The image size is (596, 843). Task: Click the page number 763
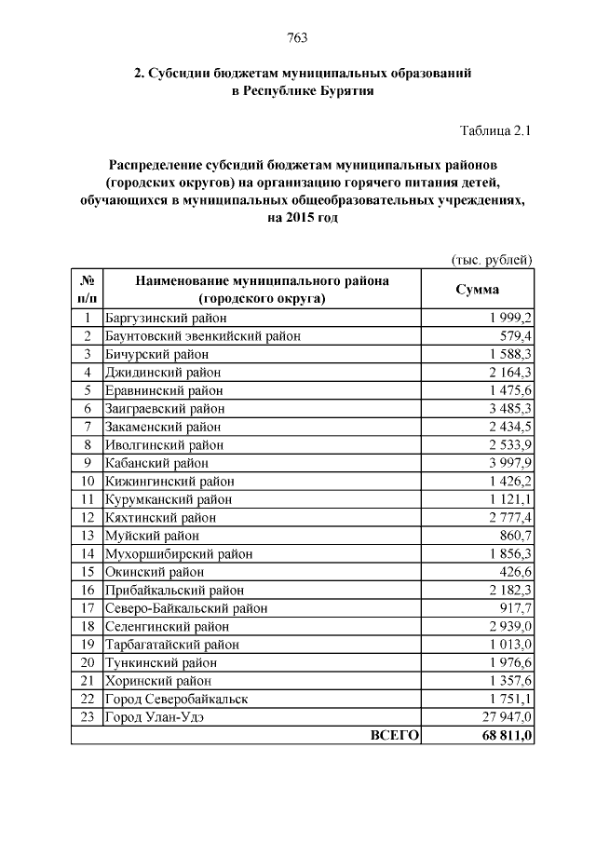pyautogui.click(x=298, y=38)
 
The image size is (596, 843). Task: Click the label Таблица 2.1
pyautogui.click(x=496, y=131)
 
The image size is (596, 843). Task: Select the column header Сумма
pyautogui.click(x=476, y=289)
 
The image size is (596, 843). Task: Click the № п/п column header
pyautogui.click(x=87, y=289)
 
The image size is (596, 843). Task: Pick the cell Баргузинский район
pyautogui.click(x=164, y=318)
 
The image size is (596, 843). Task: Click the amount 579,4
pyautogui.click(x=515, y=335)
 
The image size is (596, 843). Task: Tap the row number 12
pyautogui.click(x=87, y=517)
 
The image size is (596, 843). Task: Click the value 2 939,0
pyautogui.click(x=508, y=626)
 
